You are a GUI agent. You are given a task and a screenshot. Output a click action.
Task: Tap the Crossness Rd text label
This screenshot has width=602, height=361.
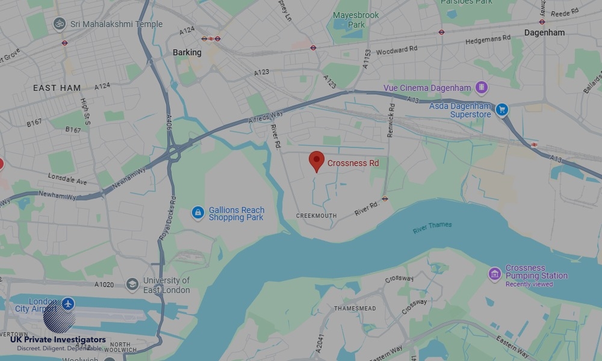pyautogui.click(x=353, y=163)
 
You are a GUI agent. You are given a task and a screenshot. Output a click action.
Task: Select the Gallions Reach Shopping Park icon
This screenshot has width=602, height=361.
pyautogui.click(x=198, y=213)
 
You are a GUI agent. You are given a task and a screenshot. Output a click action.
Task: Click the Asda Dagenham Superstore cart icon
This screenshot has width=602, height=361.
pyautogui.click(x=502, y=110)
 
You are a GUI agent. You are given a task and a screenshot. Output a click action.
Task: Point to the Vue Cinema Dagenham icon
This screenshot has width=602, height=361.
pyautogui.click(x=482, y=88)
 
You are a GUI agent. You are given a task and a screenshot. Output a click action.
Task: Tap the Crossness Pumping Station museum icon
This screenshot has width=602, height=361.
pyautogui.click(x=495, y=274)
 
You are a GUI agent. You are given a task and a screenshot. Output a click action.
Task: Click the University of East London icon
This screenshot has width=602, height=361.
pyautogui.click(x=132, y=284)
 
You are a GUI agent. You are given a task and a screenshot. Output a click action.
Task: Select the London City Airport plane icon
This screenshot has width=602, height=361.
pyautogui.click(x=68, y=303)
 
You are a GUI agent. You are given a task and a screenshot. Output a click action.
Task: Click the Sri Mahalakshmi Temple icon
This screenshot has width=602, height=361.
pyautogui.click(x=59, y=24)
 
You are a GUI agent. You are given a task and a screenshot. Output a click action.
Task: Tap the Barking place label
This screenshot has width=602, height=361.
pyautogui.click(x=187, y=52)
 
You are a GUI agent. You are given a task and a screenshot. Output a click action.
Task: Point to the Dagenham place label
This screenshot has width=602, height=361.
pyautogui.click(x=544, y=32)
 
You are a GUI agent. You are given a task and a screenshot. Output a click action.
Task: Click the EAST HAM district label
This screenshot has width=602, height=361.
pyautogui.click(x=57, y=88)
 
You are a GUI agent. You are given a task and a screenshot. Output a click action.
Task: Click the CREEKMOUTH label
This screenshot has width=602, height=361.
pyautogui.click(x=317, y=215)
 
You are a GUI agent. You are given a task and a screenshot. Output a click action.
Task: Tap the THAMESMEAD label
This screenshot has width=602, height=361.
pyautogui.click(x=355, y=309)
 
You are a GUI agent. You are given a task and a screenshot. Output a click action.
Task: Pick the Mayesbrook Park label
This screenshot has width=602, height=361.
pyautogui.click(x=356, y=20)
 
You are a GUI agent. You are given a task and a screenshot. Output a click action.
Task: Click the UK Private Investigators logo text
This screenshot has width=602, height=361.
pyautogui.click(x=58, y=340)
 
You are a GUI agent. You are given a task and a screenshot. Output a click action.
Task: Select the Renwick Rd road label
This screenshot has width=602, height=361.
pyautogui.click(x=391, y=119)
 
